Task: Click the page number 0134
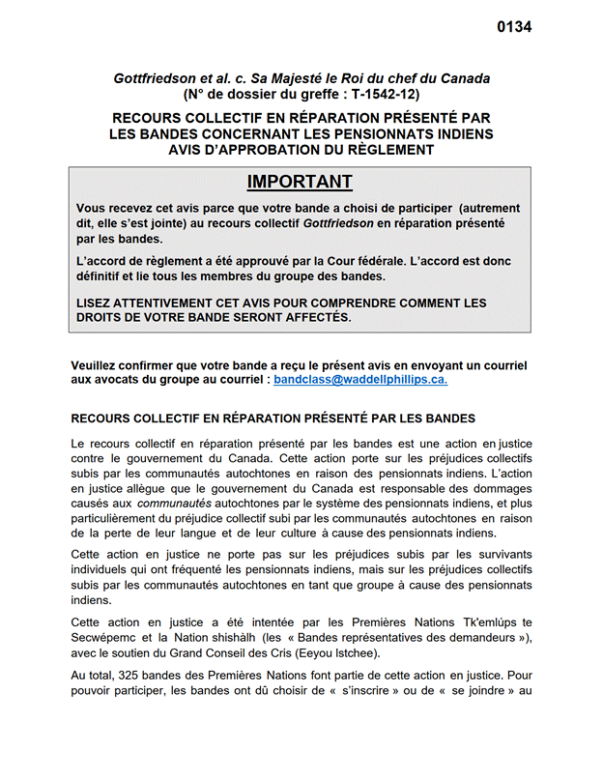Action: coord(514,27)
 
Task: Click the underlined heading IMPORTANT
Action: coord(300,182)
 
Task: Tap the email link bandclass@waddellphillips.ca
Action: coord(360,381)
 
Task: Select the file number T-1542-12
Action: coord(379,95)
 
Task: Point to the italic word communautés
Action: coord(174,503)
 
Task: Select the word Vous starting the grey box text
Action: coord(93,209)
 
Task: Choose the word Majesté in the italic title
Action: coord(299,77)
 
